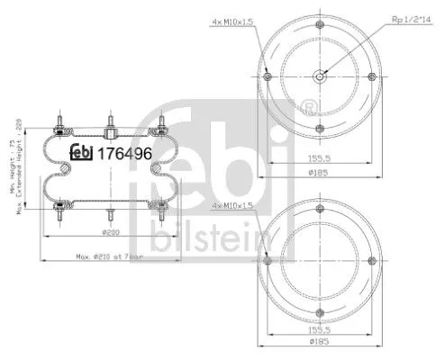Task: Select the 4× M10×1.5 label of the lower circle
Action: point(235,206)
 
